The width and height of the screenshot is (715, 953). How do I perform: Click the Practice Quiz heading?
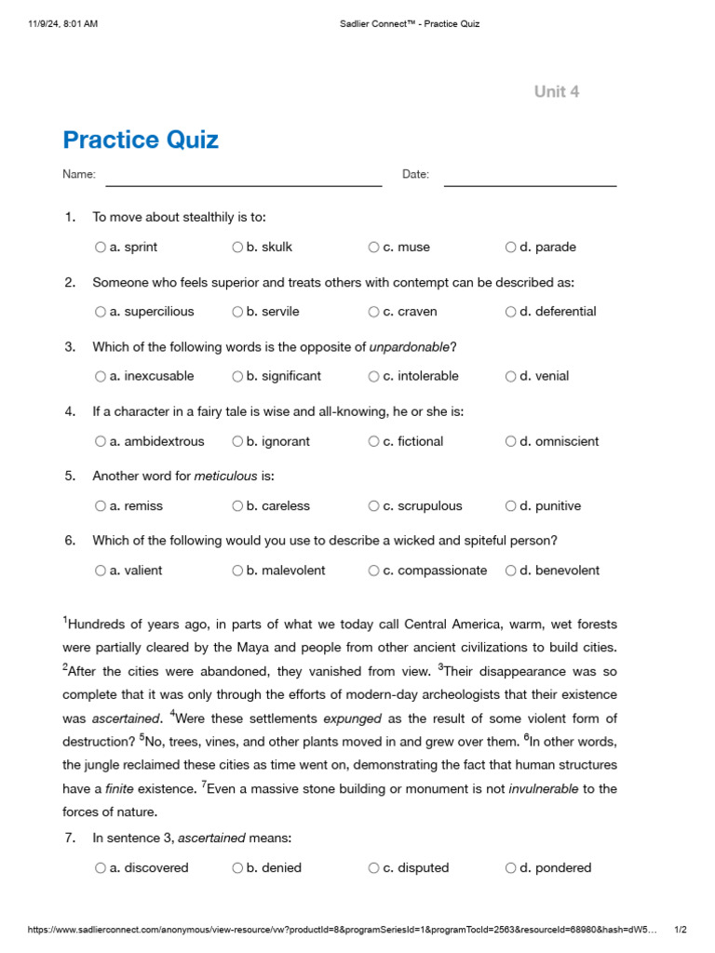141,141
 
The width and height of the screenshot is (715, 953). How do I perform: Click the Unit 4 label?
557,91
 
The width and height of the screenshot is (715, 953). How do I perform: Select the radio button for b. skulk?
237,248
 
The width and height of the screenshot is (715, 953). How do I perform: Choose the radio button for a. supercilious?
101,312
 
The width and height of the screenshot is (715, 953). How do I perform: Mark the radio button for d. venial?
511,377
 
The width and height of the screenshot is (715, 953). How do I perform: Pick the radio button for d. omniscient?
511,442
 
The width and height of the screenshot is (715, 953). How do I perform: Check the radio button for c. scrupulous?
373,506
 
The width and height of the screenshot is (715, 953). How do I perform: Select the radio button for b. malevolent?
237,570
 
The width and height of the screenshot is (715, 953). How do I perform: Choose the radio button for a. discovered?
101,868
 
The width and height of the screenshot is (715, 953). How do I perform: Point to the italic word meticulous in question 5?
225,476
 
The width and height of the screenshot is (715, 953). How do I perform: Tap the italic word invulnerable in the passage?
543,789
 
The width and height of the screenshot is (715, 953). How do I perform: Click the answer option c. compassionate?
441,570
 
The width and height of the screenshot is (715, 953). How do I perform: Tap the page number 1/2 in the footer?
680,930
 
